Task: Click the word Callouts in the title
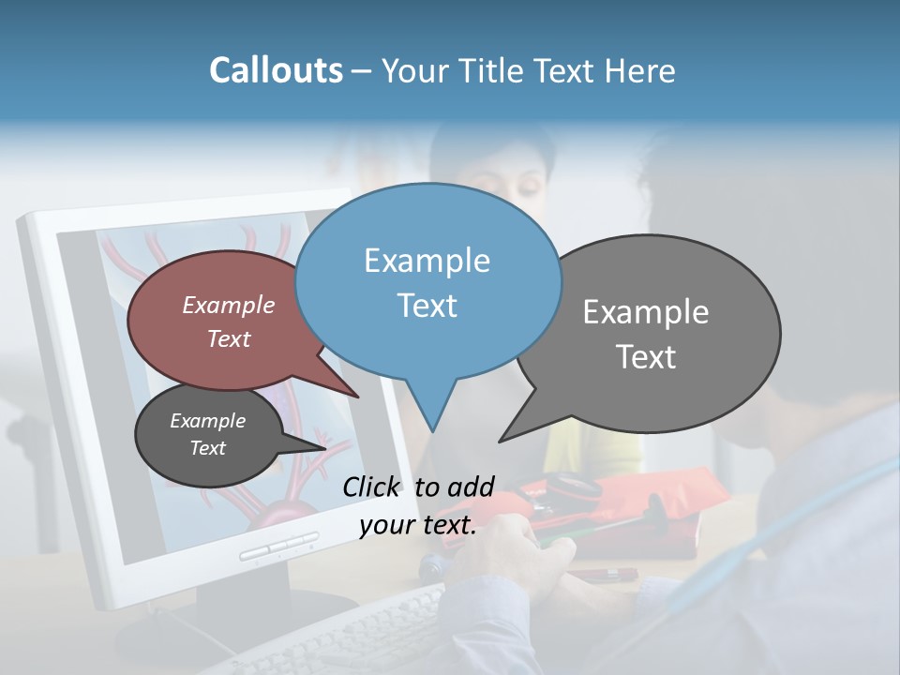276,70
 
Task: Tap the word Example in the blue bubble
427,261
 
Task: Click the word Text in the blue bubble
427,306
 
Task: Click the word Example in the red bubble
229,306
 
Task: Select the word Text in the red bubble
229,339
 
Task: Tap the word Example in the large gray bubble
646,312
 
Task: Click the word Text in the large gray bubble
646,357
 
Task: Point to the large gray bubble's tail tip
502,440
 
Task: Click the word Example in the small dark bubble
207,421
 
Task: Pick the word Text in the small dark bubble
207,448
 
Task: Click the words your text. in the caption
418,525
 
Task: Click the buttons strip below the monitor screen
278,547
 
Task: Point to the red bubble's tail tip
358,397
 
